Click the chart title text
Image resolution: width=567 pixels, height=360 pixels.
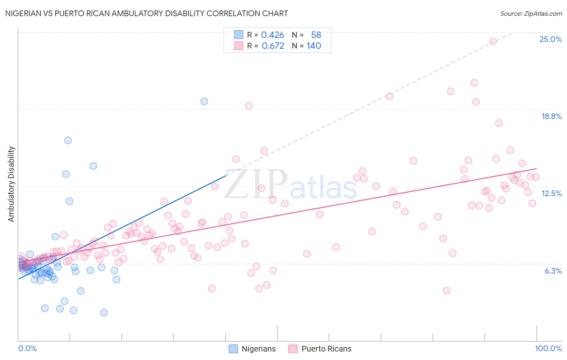tap(146, 13)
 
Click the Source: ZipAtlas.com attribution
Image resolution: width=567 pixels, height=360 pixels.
tap(531, 13)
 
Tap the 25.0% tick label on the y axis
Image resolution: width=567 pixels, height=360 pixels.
tap(550, 39)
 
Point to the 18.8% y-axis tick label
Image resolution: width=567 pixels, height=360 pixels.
tap(551, 116)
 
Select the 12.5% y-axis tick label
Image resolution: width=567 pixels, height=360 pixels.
tap(551, 193)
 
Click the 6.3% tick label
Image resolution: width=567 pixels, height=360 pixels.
tap(553, 271)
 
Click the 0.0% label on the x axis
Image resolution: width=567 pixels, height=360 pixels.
tap(27, 348)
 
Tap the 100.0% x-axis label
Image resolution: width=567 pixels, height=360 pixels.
tap(548, 348)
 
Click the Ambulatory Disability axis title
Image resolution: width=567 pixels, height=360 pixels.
tap(11, 184)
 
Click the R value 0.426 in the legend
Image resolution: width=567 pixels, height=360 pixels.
tap(273, 35)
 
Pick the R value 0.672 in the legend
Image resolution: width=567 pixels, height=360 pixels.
tap(273, 46)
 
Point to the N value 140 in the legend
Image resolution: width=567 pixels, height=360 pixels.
tap(314, 46)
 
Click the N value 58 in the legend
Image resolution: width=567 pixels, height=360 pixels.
tap(316, 35)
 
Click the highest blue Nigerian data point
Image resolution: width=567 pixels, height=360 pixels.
tap(204, 101)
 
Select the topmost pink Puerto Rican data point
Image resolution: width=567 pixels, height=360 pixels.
tap(493, 41)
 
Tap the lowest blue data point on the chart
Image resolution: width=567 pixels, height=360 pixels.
tap(104, 313)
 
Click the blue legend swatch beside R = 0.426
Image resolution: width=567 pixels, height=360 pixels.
tap(239, 35)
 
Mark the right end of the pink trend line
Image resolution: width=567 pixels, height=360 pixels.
tap(537, 169)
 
